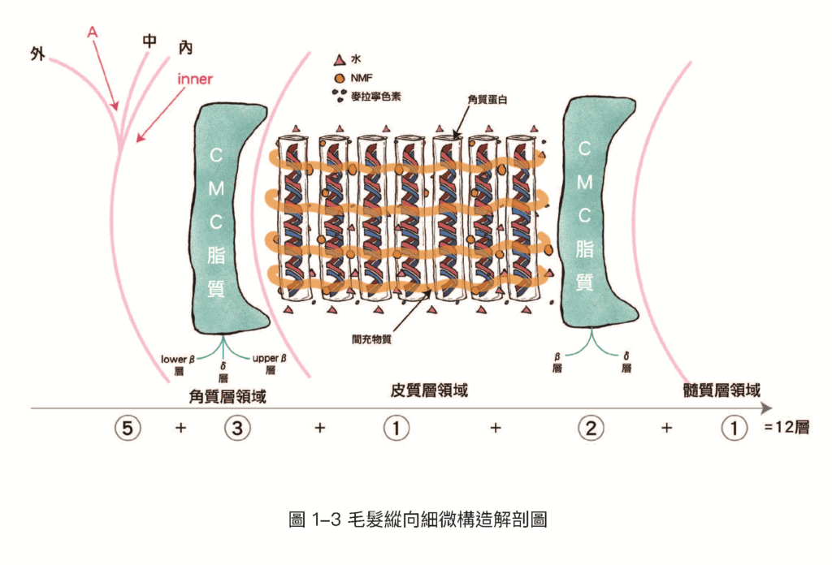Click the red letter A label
[x=93, y=32]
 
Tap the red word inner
[x=195, y=80]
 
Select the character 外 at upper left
[x=37, y=54]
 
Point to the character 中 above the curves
[x=149, y=41]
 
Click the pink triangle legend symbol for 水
[x=340, y=59]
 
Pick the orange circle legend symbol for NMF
[x=340, y=79]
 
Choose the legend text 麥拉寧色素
[x=375, y=97]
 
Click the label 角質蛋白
[x=487, y=99]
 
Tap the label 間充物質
[x=371, y=339]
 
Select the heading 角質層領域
[x=227, y=396]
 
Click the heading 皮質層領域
[x=429, y=390]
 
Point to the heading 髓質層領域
[x=721, y=390]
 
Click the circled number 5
[x=128, y=428]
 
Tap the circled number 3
[x=237, y=428]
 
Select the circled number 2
[x=591, y=428]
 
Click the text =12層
[x=786, y=427]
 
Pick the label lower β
[x=178, y=360]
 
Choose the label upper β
[x=270, y=358]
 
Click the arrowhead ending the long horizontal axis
[x=767, y=408]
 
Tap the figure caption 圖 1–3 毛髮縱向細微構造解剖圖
[x=418, y=520]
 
